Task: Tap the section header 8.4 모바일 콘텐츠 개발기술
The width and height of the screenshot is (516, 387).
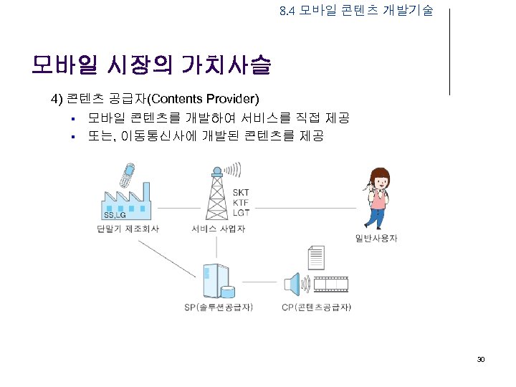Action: (356, 11)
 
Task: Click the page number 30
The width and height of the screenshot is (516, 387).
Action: (481, 358)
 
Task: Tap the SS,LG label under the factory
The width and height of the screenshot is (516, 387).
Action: (115, 215)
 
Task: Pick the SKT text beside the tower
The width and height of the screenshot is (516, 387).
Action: (242, 193)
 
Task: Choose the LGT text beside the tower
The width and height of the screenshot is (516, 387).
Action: (242, 213)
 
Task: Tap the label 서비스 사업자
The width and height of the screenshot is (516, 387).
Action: (218, 229)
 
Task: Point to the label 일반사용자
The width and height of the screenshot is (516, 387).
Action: (376, 239)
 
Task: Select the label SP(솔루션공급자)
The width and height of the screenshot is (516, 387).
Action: (218, 308)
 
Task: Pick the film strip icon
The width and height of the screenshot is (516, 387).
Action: (331, 285)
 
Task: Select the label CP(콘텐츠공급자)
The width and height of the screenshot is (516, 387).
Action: (316, 308)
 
